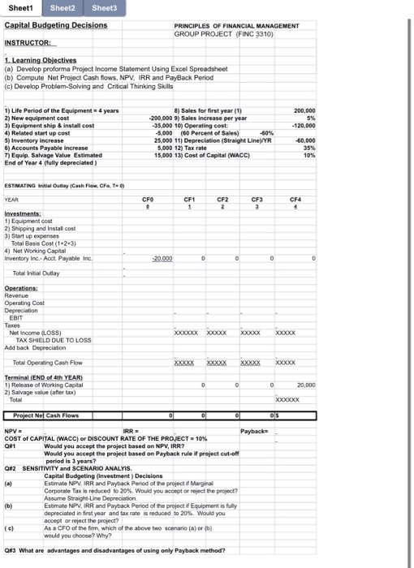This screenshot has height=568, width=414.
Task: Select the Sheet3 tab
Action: (103, 7)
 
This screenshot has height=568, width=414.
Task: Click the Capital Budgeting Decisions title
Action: (56, 25)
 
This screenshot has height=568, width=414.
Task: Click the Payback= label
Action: (254, 430)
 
